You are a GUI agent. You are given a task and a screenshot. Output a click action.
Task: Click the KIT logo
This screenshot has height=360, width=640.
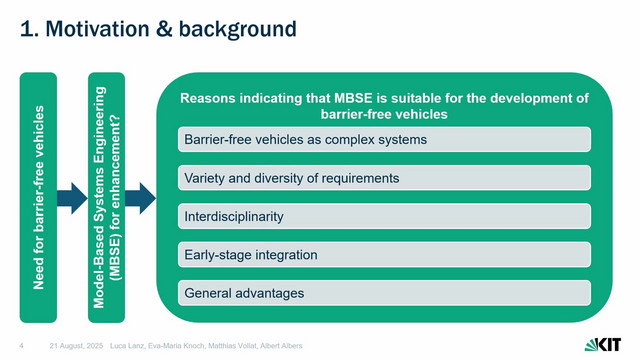(x=602, y=345)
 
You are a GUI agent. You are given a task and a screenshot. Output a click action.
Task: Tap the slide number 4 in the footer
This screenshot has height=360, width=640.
(x=21, y=346)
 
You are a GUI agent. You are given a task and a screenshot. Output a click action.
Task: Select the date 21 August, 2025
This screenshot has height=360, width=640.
(x=76, y=346)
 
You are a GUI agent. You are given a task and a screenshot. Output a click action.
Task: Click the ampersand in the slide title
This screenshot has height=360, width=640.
(x=164, y=29)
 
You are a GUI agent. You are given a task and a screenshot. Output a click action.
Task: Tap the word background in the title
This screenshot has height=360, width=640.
(x=238, y=29)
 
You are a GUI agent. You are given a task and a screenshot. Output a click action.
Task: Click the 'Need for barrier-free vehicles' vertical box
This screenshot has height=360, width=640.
(x=38, y=198)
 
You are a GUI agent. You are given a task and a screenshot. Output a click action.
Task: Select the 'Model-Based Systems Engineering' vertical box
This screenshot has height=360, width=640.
(x=107, y=198)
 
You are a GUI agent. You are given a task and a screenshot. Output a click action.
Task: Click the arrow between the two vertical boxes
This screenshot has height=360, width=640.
(x=72, y=198)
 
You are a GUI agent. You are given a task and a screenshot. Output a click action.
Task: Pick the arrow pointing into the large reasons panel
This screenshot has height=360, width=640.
(x=140, y=198)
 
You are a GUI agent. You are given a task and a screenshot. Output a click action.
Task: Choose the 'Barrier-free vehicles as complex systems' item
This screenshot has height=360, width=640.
(x=384, y=140)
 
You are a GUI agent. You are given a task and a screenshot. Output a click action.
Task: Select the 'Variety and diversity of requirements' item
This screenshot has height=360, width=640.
(x=384, y=178)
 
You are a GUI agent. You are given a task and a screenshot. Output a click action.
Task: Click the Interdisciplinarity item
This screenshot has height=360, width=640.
(x=384, y=216)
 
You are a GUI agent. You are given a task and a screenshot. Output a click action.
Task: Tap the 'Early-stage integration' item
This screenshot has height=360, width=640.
(x=384, y=255)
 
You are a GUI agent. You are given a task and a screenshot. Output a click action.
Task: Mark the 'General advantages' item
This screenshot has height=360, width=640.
(x=384, y=293)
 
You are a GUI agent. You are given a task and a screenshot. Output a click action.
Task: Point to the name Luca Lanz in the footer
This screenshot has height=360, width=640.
(x=127, y=346)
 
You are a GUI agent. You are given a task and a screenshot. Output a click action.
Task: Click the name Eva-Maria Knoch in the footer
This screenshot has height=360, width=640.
(x=176, y=346)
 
